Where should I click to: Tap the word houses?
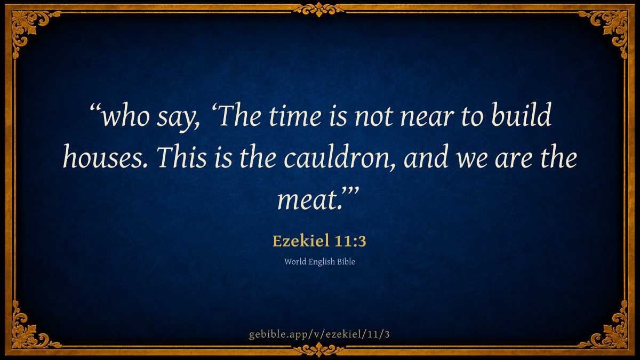(105, 157)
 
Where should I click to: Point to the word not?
(374, 117)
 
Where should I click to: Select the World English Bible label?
(319, 262)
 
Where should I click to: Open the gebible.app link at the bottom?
(319, 334)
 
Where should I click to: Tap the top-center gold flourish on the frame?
(319, 10)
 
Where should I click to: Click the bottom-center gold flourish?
(319, 350)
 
